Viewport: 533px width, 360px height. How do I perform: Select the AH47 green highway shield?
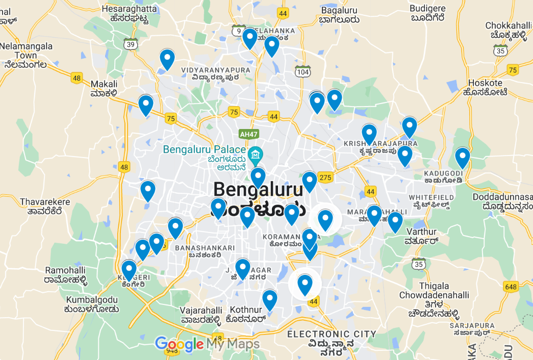[247, 134]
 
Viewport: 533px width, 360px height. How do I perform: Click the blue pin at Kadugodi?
[462, 158]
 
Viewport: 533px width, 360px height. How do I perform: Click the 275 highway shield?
[325, 177]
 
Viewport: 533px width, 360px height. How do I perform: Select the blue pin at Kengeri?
[129, 270]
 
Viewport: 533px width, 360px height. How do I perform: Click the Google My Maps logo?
[207, 344]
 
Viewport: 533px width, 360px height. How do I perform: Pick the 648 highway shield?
[511, 287]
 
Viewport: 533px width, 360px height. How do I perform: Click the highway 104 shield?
[303, 72]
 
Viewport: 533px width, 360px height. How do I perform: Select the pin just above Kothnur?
[269, 300]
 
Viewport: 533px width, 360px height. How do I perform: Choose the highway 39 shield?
[131, 44]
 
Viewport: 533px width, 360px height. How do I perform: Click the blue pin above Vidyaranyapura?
[167, 59]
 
